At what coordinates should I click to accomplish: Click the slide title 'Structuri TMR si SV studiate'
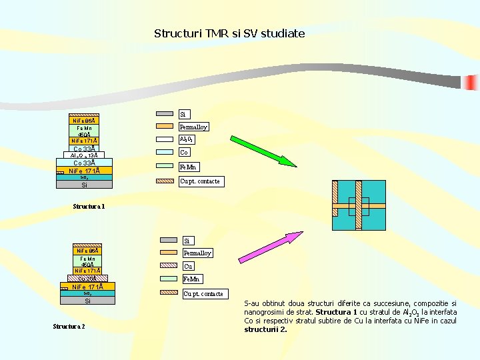tap(229, 33)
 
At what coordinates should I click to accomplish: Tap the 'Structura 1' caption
tap(89, 207)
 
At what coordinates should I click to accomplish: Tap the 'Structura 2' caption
tap(69, 326)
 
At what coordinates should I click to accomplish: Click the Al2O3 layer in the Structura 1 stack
tap(84, 155)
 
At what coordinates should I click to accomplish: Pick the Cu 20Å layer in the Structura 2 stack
tap(87, 279)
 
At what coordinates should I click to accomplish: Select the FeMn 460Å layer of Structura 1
tap(85, 131)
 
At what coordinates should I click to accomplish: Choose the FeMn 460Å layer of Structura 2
tap(87, 261)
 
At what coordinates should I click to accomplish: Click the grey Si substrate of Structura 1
tap(84, 185)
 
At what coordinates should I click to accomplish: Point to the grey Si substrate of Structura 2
tap(87, 301)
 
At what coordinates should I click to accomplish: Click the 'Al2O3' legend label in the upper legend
tap(186, 140)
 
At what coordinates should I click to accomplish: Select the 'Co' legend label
tap(184, 153)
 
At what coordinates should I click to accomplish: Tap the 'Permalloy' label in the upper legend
tap(193, 127)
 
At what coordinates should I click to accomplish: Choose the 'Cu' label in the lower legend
tap(188, 266)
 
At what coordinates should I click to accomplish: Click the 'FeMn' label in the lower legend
tap(193, 279)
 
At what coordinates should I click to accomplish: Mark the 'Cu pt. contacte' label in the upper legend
tap(200, 181)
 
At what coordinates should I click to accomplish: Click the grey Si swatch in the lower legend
tap(168, 241)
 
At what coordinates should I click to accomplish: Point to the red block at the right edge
tap(473, 83)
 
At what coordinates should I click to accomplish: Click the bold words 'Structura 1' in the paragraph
tap(337, 312)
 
